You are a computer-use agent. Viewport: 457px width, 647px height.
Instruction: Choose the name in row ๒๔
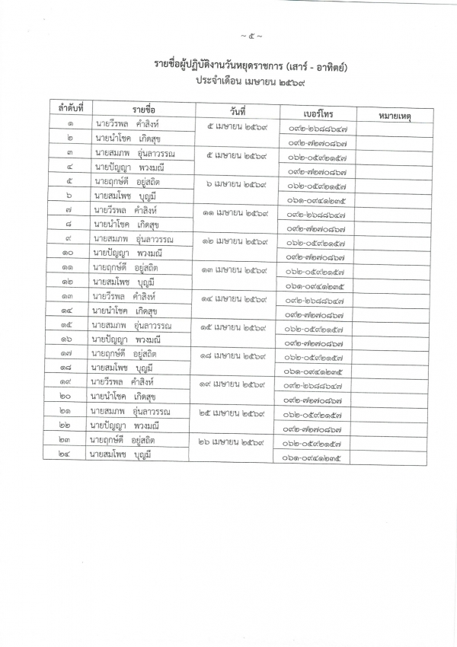pos(123,454)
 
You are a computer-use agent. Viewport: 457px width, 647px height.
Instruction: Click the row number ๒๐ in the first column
pos(70,397)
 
